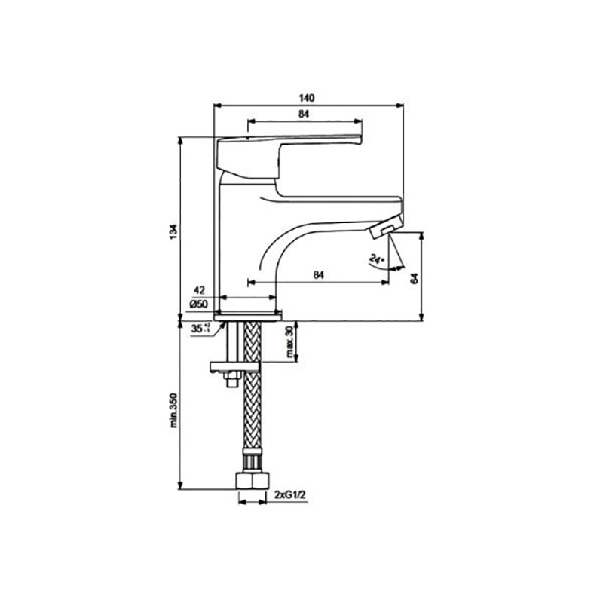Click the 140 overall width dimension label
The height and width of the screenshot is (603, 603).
click(307, 98)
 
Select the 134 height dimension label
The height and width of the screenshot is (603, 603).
click(174, 232)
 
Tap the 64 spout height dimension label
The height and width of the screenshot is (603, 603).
click(414, 278)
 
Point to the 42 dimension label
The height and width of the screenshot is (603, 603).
click(199, 290)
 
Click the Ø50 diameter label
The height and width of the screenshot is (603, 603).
click(198, 305)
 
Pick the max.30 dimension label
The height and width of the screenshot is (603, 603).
click(289, 342)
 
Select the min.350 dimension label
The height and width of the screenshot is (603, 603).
click(174, 410)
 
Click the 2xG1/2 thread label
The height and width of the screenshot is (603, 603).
click(290, 494)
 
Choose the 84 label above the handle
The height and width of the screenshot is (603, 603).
click(304, 115)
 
